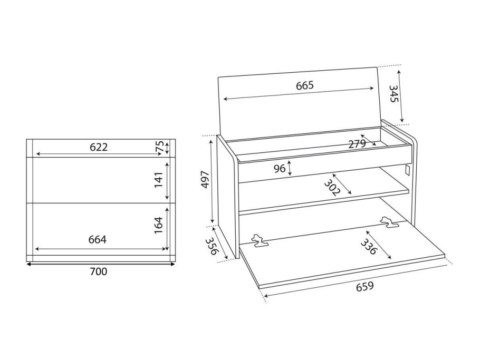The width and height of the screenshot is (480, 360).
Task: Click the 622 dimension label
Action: (99, 147)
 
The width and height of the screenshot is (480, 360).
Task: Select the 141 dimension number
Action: (158, 180)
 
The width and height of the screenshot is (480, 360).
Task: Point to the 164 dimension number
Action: (158, 226)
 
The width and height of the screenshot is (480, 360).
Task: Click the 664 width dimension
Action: (98, 239)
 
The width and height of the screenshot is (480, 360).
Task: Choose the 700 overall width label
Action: (99, 271)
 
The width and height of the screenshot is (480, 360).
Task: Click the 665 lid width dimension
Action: (305, 85)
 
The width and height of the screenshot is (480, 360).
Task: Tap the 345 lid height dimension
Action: (393, 94)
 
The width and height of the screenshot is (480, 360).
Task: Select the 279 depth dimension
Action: (357, 144)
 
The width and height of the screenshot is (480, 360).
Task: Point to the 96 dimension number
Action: (280, 168)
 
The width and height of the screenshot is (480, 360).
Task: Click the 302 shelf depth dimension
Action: (332, 187)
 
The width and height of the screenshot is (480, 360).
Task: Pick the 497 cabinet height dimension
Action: (205, 180)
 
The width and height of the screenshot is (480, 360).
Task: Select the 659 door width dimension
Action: (364, 287)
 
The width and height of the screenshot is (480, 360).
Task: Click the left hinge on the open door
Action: (259, 241)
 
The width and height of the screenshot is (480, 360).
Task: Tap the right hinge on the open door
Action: (389, 222)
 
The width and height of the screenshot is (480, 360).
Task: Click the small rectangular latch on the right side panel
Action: (407, 171)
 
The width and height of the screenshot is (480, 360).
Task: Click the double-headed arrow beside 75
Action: (167, 148)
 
